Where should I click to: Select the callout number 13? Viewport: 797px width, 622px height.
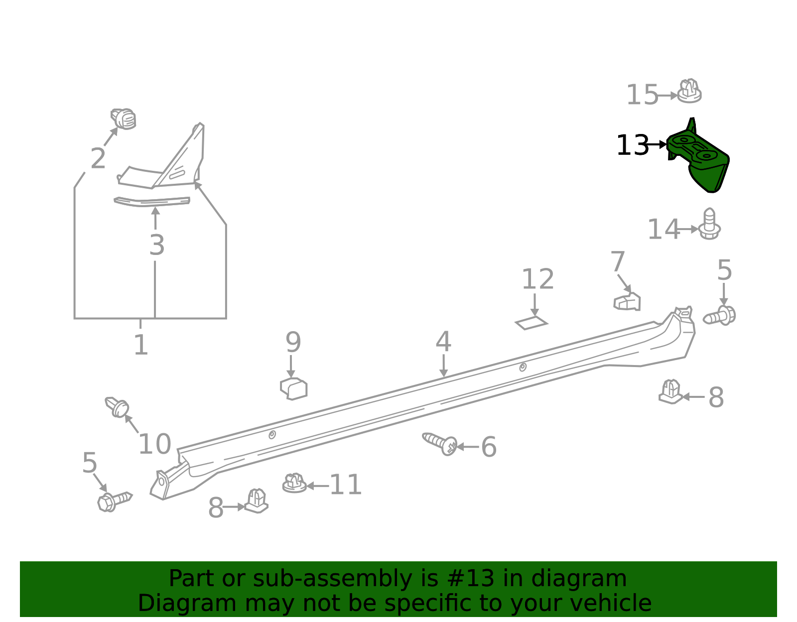point(632,146)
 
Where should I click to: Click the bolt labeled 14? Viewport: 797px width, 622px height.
point(709,225)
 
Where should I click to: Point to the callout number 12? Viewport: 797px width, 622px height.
point(537,279)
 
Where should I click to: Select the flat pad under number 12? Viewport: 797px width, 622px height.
point(531,323)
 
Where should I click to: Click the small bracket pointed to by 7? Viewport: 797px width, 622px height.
point(627,302)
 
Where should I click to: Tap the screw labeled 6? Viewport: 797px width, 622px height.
point(440,443)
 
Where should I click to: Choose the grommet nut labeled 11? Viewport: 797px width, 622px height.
point(294,483)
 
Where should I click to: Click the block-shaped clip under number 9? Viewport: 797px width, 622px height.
point(294,388)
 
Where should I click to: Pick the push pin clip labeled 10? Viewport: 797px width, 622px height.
point(118,407)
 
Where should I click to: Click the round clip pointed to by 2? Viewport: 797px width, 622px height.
point(124,119)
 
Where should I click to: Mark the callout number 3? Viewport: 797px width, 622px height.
point(156,245)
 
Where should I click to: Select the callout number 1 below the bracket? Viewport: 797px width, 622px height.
point(141,345)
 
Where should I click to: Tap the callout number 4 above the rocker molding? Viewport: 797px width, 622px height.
point(443,342)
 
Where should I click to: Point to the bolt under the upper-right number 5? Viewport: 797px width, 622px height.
point(720,316)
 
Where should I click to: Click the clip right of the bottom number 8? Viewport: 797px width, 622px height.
point(257,501)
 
